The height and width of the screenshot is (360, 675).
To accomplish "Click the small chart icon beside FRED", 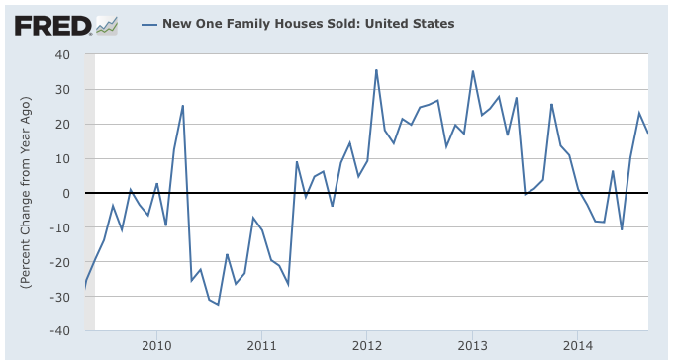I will [106, 25].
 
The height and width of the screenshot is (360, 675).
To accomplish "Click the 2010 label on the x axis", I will [156, 346].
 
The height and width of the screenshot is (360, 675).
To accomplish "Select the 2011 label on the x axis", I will [262, 346].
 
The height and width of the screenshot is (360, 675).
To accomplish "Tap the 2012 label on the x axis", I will [367, 346].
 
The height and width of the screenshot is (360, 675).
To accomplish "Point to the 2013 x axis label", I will [473, 346].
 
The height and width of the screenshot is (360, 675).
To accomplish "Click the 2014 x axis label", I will [578, 346].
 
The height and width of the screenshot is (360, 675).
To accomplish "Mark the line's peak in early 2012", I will [377, 70].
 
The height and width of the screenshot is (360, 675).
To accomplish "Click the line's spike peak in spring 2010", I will [183, 106].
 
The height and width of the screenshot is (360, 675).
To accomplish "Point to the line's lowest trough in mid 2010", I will [218, 305].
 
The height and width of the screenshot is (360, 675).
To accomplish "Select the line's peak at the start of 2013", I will [473, 71].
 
